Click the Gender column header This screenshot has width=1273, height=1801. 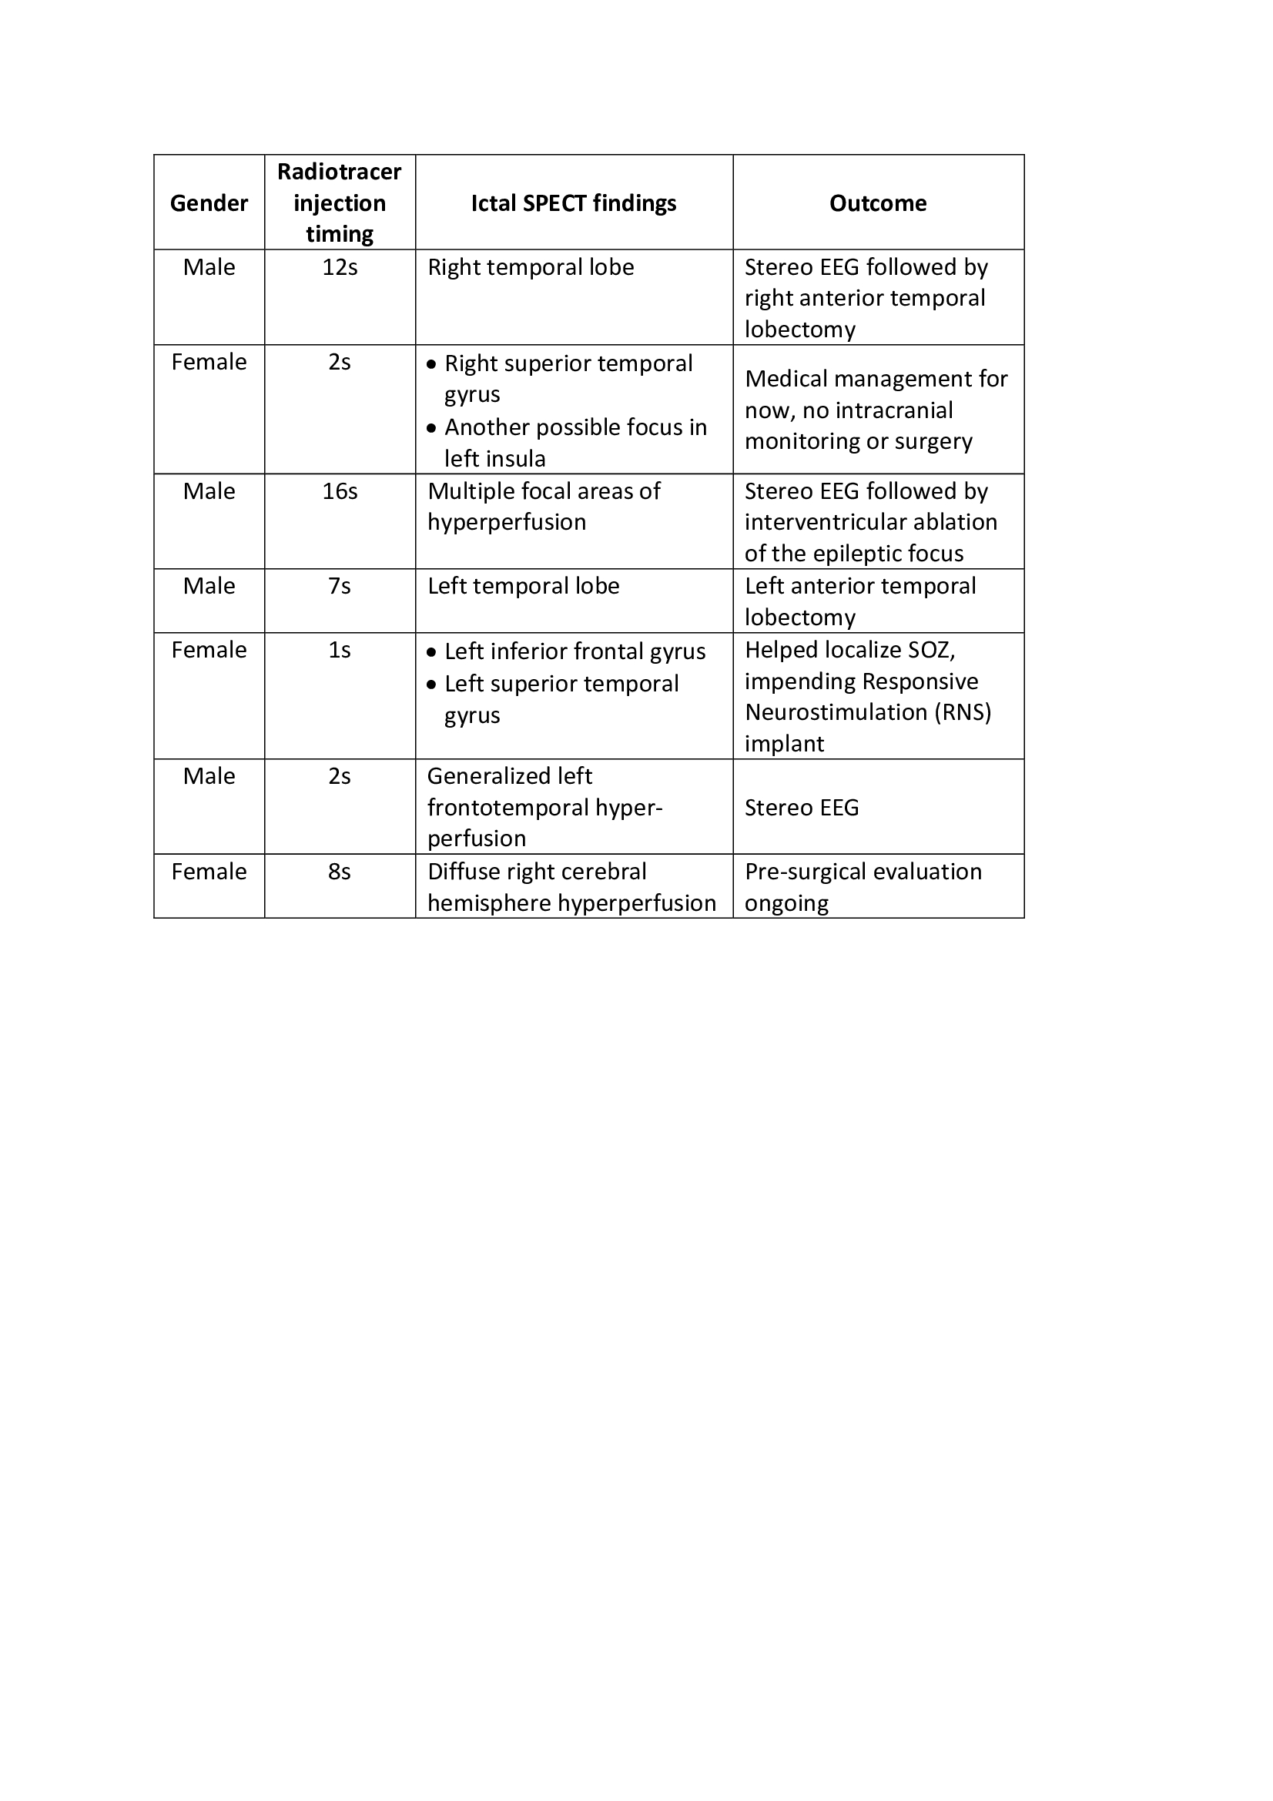point(209,203)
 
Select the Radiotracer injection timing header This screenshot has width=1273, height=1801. point(340,203)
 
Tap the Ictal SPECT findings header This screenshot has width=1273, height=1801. point(574,203)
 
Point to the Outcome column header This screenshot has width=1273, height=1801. point(878,203)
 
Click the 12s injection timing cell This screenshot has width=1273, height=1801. point(340,267)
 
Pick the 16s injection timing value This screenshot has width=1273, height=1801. point(340,491)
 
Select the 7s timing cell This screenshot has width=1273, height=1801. point(340,586)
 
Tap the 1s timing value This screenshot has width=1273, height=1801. point(340,650)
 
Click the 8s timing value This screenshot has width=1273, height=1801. point(340,872)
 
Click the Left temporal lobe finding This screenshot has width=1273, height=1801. point(523,586)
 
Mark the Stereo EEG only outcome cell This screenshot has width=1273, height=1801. point(802,807)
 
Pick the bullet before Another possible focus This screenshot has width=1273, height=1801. point(431,428)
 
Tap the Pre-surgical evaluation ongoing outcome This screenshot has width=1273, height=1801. point(863,886)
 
